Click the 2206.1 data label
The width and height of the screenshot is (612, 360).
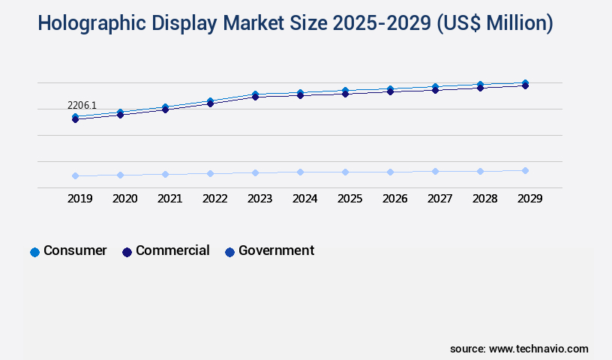pos(82,106)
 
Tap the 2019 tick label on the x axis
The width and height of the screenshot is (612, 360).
pos(80,199)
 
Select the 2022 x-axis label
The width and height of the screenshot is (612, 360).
pos(215,199)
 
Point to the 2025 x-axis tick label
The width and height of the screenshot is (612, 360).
pos(350,199)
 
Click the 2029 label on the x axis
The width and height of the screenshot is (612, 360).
pos(529,199)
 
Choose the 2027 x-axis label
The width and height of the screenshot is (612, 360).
pos(440,199)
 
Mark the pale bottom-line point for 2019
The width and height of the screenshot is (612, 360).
pos(75,175)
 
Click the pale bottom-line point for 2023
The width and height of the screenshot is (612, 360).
pos(255,172)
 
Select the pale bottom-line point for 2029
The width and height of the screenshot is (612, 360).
pos(525,170)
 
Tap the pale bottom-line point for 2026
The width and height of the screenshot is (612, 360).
pos(390,172)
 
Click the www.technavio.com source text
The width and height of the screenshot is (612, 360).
pos(538,349)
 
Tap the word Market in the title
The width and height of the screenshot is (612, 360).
pos(259,24)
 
